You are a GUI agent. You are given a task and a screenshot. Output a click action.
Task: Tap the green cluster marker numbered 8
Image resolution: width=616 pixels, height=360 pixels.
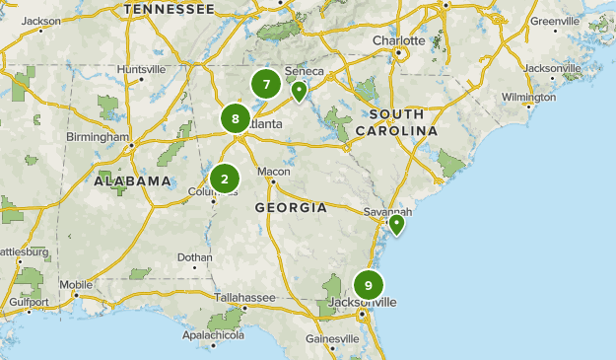(x=236, y=120)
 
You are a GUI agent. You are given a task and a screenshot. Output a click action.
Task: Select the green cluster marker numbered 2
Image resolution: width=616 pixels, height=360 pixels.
(x=225, y=179)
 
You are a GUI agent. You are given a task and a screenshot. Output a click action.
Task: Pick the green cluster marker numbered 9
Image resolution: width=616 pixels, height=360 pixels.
(x=368, y=285)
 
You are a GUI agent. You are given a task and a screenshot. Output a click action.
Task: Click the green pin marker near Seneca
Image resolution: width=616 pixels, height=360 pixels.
(x=298, y=92)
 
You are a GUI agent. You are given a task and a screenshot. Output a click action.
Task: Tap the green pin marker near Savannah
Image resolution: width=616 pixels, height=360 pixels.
(x=396, y=225)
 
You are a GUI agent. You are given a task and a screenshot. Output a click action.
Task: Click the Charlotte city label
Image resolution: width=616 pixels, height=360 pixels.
(x=398, y=40)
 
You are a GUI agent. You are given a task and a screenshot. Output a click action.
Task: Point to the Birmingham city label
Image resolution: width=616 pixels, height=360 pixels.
(x=99, y=137)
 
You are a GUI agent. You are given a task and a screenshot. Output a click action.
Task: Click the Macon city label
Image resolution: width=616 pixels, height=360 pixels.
(x=274, y=171)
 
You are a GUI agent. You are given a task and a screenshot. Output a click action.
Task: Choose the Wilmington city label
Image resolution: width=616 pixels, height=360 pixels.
(x=528, y=97)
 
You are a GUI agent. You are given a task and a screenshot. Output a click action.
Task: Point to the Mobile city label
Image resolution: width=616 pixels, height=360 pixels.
(x=76, y=285)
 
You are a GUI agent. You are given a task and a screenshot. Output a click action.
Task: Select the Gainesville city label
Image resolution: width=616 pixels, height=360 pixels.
(x=332, y=338)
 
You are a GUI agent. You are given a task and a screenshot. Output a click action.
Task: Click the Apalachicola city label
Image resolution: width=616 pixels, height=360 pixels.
(x=214, y=335)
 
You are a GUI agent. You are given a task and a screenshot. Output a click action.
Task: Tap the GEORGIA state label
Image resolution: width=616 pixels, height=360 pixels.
(x=291, y=208)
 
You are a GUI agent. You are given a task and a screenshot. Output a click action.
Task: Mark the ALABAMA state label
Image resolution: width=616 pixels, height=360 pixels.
(x=133, y=181)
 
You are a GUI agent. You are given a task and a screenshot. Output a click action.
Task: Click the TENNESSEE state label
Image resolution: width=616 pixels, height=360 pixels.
(x=170, y=9)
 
